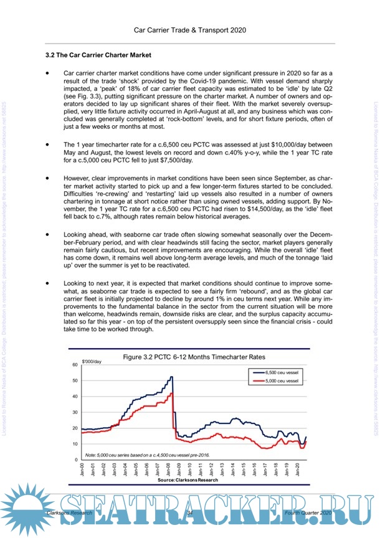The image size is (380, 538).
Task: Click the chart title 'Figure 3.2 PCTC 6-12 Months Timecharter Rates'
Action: [194, 357]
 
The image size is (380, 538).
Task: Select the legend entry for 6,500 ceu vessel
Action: [282, 371]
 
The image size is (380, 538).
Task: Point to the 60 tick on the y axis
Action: [75, 364]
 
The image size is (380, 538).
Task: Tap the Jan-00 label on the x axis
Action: [82, 470]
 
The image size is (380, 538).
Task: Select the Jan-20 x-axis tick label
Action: [299, 470]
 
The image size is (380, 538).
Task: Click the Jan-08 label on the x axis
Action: [169, 470]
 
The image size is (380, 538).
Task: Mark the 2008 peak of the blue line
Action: [171, 377]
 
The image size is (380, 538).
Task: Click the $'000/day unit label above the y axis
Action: [92, 361]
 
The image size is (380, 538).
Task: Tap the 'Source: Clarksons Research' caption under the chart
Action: [188, 481]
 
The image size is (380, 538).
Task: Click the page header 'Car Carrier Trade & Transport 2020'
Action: [190, 29]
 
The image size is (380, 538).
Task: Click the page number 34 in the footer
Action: [190, 511]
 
